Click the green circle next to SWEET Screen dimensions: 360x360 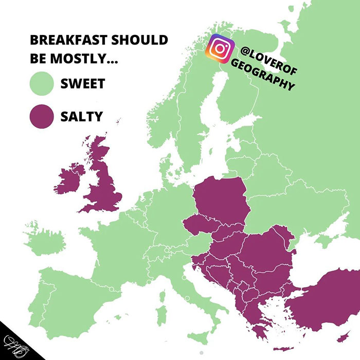pos(41,83)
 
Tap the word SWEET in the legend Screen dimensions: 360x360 pos(82,83)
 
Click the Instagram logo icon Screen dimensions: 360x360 pos(220,49)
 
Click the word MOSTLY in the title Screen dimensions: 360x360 pos(90,58)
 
